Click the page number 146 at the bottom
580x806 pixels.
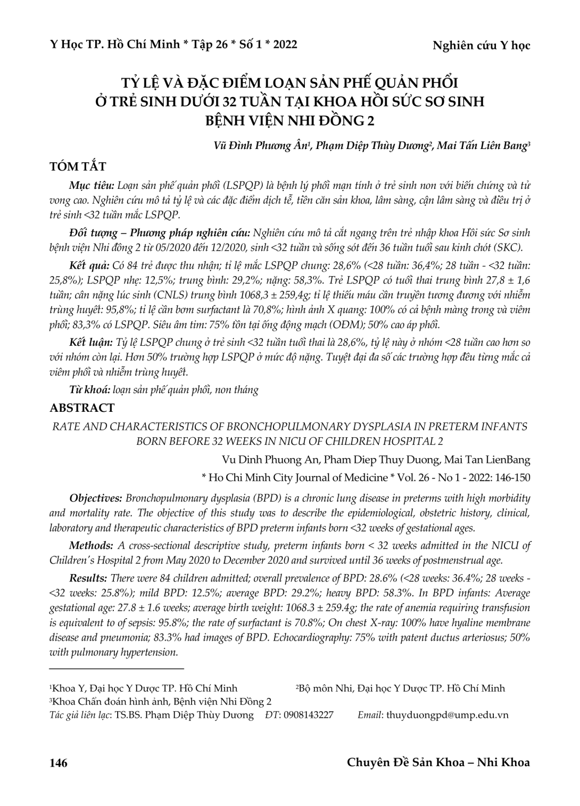click(59, 763)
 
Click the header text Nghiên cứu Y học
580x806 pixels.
click(481, 46)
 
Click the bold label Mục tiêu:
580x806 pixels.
click(92, 186)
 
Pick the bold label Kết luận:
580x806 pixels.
click(92, 343)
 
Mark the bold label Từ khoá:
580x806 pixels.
click(90, 390)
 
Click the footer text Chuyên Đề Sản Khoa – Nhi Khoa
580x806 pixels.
click(438, 763)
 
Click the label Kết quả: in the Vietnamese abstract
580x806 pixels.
click(89, 265)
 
